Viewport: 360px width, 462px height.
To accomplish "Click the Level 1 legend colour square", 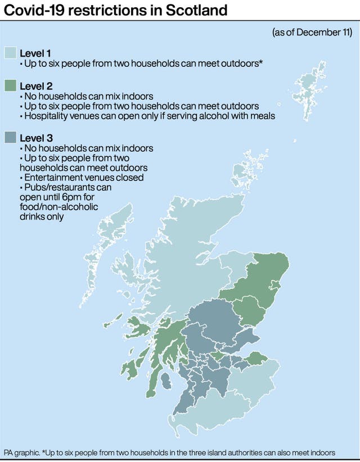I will [x=10, y=53].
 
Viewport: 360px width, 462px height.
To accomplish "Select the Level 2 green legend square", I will [x=10, y=87].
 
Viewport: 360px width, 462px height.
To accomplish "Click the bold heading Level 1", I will [x=35, y=53].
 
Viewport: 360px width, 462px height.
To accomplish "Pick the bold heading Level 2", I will [x=35, y=87].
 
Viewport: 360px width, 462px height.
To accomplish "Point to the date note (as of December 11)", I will [x=312, y=33].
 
